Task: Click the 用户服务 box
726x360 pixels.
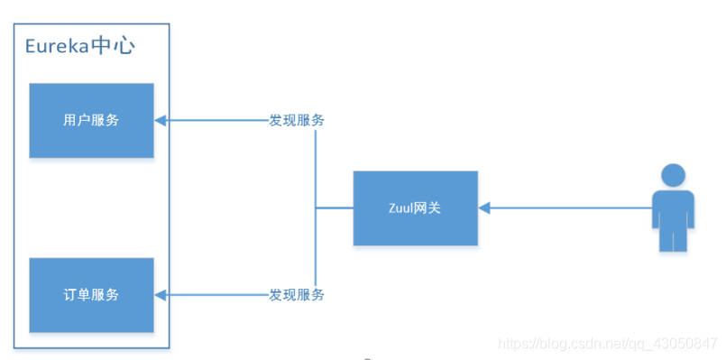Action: coord(91,120)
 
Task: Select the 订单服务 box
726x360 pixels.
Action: coord(91,294)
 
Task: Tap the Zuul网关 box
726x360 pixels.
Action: coord(415,208)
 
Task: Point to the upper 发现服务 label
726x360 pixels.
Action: coord(297,120)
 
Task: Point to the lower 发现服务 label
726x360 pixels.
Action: coord(297,294)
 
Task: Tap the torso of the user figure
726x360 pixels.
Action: coord(673,210)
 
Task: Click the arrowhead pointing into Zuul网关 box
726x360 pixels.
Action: coord(483,208)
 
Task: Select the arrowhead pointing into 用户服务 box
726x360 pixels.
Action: coord(160,120)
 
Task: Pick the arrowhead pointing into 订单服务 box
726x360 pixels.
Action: coord(160,294)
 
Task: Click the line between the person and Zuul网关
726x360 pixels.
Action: coord(568,208)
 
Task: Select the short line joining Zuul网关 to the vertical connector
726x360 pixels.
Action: coord(334,208)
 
